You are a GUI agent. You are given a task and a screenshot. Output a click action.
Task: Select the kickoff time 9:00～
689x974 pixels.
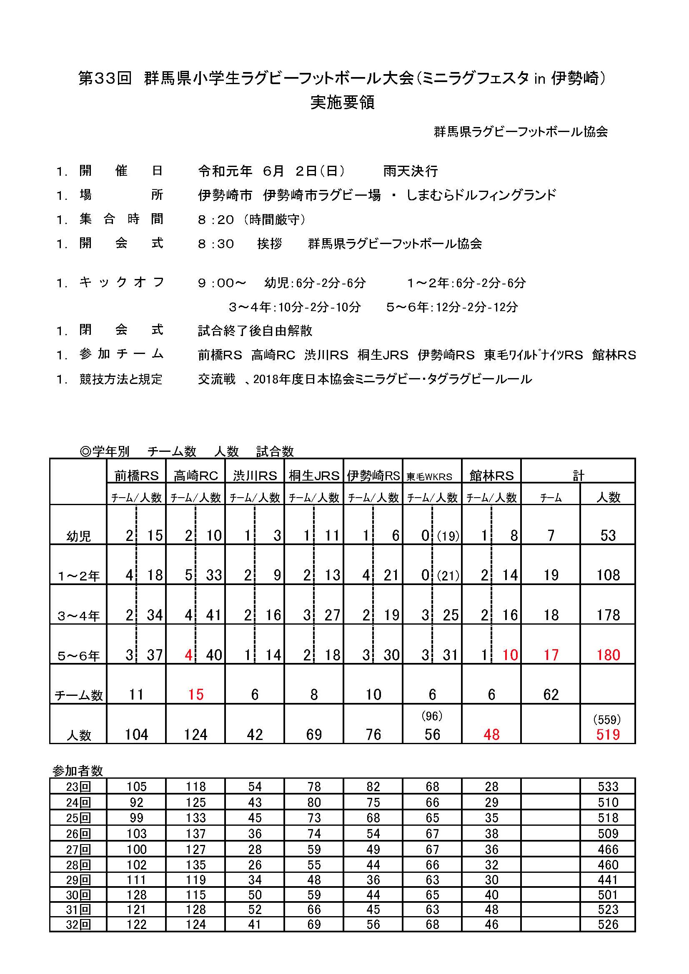[222, 283]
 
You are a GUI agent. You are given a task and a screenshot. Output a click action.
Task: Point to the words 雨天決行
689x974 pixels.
[410, 171]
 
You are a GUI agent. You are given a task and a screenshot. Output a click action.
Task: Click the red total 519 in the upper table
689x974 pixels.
[607, 734]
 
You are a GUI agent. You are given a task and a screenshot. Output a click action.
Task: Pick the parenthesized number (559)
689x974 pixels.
[607, 719]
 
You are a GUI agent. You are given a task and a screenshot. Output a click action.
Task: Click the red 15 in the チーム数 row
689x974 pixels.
[195, 695]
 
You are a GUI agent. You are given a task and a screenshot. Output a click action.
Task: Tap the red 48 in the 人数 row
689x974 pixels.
[491, 734]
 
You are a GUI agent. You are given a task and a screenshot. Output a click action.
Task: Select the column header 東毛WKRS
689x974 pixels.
[429, 476]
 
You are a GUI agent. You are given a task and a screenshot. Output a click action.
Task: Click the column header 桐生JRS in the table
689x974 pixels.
[314, 476]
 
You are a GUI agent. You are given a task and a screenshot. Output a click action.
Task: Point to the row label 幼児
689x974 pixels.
[78, 536]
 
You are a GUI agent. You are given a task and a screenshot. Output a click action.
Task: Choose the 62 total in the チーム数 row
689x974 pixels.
[551, 695]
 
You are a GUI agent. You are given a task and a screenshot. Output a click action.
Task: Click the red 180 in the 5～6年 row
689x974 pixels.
[608, 655]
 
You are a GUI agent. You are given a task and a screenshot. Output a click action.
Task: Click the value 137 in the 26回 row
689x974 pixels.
[195, 833]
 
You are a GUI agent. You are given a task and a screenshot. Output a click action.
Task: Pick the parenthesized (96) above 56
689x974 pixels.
[432, 716]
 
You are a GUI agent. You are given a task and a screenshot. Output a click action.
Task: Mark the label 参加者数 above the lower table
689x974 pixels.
[78, 770]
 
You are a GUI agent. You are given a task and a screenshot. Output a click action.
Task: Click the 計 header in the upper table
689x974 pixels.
[578, 476]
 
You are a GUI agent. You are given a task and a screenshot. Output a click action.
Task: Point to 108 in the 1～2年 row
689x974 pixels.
[608, 575]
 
